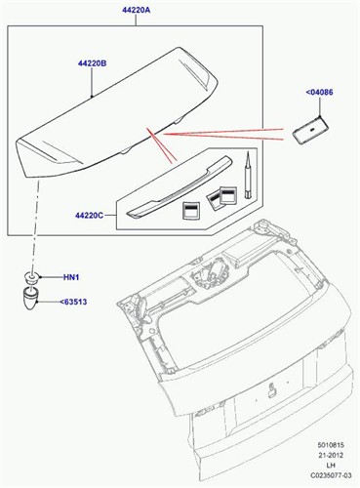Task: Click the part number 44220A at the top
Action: click(137, 10)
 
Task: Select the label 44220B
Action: click(92, 63)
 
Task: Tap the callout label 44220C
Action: click(90, 216)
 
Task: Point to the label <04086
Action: click(319, 93)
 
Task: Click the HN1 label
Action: click(71, 277)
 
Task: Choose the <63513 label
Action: click(73, 302)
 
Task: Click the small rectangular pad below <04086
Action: click(310, 130)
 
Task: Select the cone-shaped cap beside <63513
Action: click(30, 298)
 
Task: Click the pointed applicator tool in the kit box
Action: click(248, 175)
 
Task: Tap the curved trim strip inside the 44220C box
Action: click(179, 187)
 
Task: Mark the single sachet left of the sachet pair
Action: click(190, 211)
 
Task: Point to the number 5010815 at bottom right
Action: click(331, 445)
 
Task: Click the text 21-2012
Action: click(331, 455)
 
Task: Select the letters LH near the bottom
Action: click(331, 466)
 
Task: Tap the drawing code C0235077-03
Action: click(331, 475)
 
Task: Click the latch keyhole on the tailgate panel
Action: click(271, 390)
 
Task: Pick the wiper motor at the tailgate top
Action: click(209, 273)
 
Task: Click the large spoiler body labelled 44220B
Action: click(117, 112)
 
